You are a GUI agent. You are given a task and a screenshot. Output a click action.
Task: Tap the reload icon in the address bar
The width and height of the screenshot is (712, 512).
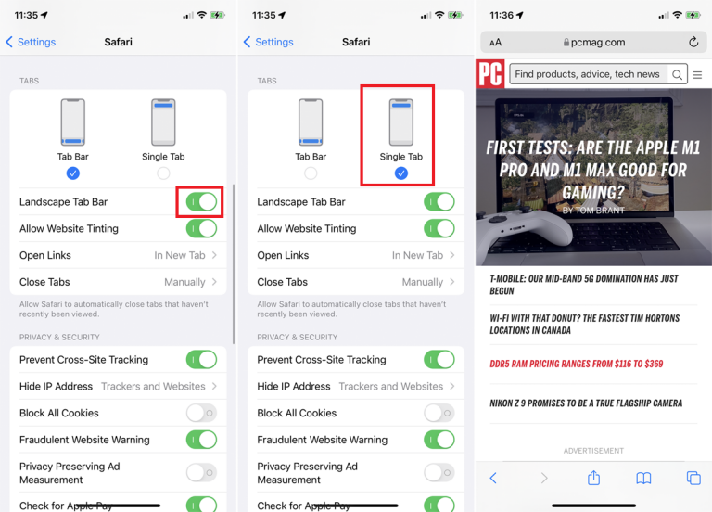tap(693, 42)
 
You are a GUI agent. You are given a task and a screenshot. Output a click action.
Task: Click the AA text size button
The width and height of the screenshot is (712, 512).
tap(495, 43)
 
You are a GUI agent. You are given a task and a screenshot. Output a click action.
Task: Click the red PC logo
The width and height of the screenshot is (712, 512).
tap(489, 73)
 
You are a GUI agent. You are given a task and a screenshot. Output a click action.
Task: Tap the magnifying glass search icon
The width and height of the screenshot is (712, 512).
tap(677, 74)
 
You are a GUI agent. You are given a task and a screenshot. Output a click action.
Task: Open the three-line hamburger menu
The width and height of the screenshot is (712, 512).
tap(697, 74)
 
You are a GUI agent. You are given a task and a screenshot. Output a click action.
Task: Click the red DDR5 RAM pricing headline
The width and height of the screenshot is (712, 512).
tap(577, 364)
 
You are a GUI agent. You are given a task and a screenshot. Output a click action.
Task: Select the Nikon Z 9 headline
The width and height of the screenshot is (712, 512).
tap(586, 403)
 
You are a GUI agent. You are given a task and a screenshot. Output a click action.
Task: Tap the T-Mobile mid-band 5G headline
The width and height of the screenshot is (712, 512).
tap(584, 285)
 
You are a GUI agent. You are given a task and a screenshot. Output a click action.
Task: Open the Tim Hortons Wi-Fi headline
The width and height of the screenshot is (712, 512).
tap(584, 325)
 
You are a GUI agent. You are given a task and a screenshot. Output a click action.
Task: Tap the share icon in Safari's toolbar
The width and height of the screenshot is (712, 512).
tap(593, 478)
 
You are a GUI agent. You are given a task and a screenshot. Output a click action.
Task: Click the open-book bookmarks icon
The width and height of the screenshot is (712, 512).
tap(643, 478)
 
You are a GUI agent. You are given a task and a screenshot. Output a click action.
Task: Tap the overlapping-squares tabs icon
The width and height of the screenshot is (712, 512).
tap(693, 478)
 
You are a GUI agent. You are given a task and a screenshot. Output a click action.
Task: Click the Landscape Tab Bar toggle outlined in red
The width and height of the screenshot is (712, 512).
tap(201, 201)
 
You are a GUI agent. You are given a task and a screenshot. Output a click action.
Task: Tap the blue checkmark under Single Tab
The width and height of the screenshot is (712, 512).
tap(400, 173)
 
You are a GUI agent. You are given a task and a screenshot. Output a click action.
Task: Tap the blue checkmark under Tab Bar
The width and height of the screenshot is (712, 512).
tap(72, 173)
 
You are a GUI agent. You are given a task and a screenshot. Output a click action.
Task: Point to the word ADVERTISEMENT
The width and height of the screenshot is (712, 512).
tap(593, 451)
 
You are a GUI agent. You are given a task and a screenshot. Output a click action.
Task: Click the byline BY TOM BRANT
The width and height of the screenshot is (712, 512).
tap(593, 211)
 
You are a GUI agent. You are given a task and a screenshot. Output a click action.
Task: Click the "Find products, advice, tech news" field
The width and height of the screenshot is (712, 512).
tap(587, 74)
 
